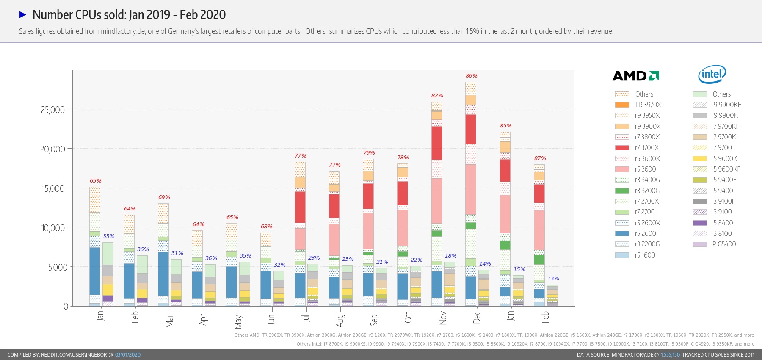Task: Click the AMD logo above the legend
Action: [x=635, y=76]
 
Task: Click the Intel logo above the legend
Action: [x=712, y=75]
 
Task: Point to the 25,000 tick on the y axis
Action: [x=52, y=110]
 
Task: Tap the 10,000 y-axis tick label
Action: [x=52, y=228]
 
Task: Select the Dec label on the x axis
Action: [x=477, y=317]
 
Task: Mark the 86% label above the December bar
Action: [x=471, y=76]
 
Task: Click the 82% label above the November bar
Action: [x=437, y=96]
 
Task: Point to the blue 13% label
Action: [x=553, y=279]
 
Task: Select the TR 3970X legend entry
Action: [x=648, y=105]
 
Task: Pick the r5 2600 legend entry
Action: [x=645, y=234]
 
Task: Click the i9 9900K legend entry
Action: [x=725, y=116]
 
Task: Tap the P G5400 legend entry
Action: [x=724, y=244]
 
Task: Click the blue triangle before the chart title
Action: [x=23, y=15]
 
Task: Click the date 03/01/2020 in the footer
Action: [x=127, y=355]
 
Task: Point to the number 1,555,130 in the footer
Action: [x=670, y=355]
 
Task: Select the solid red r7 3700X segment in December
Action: [x=471, y=129]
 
